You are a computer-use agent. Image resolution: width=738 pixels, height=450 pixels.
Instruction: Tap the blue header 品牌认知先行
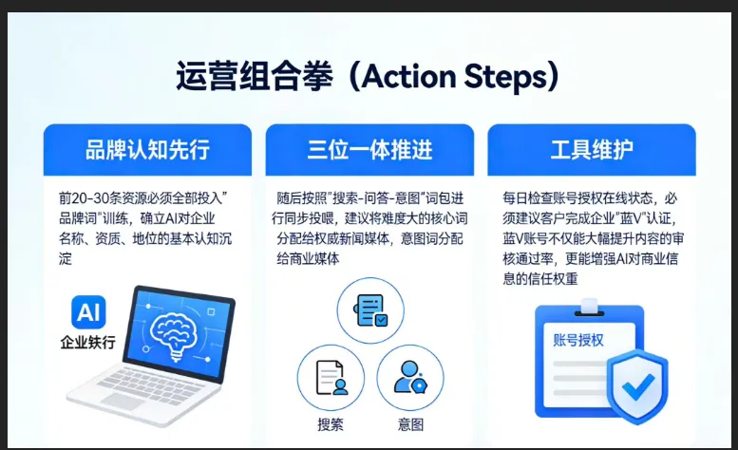147,150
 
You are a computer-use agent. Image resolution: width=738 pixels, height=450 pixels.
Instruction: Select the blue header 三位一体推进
369,150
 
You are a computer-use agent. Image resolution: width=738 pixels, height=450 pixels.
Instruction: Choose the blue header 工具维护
591,150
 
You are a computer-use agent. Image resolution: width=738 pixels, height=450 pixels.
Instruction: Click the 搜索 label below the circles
331,423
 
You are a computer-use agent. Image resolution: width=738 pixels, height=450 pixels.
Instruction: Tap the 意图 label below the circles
410,423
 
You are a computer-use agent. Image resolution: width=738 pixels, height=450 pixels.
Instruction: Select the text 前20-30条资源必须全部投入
147,198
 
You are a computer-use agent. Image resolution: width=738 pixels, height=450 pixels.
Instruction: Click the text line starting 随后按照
369,198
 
